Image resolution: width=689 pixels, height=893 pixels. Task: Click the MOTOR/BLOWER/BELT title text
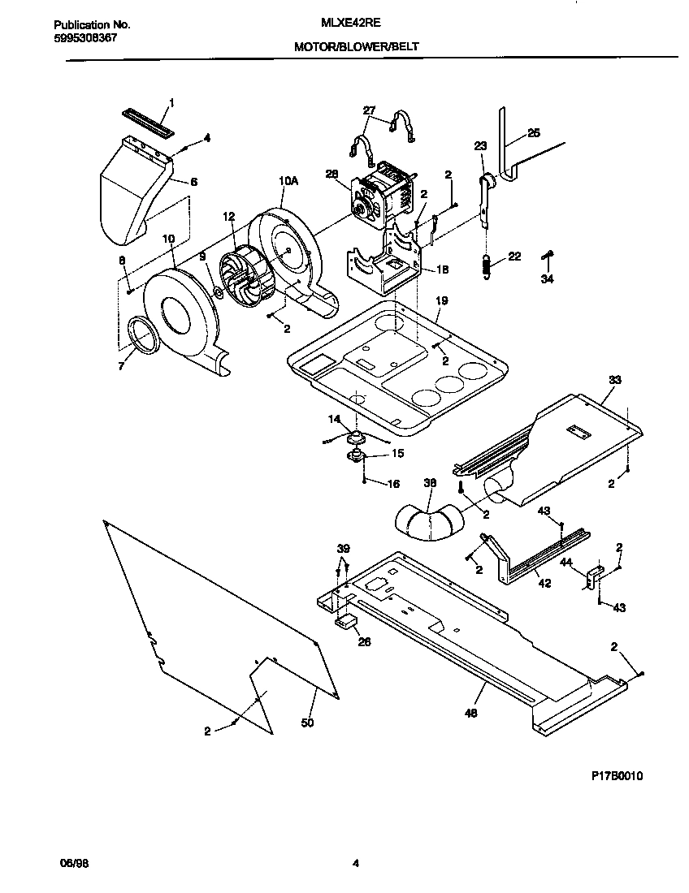(x=357, y=47)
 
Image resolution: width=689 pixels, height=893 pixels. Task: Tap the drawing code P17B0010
(x=617, y=776)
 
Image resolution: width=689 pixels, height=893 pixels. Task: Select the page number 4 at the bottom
(x=355, y=864)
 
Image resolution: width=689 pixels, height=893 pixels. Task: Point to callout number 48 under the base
(x=471, y=714)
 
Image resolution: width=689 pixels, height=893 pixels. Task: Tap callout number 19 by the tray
(x=441, y=300)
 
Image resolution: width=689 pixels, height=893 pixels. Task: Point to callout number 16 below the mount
(x=393, y=484)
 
